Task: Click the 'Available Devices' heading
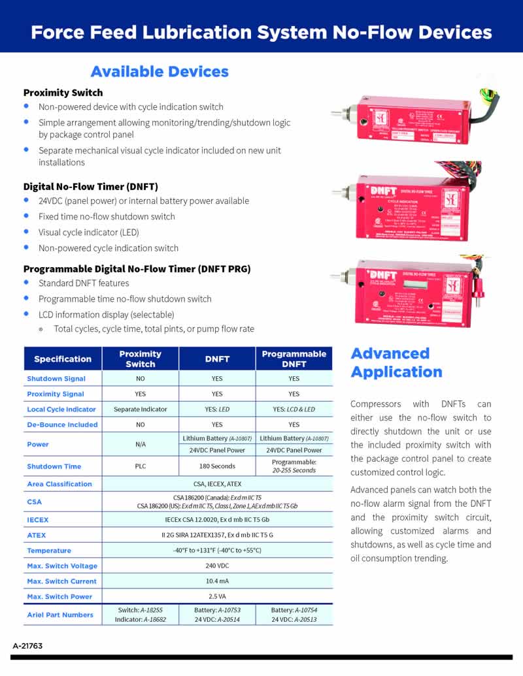160,72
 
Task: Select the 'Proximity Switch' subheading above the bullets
63,93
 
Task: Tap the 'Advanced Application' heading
396,362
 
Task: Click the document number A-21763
27,645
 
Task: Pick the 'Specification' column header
63,359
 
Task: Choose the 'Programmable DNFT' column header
294,359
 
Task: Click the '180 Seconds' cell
217,466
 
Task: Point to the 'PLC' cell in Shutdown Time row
141,466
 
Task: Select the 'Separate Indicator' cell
141,410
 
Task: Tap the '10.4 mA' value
217,581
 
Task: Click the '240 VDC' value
217,566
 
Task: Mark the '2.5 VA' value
217,596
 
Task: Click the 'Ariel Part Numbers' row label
60,615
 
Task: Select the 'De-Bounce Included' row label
62,425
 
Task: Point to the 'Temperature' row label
49,551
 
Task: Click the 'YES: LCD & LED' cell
294,410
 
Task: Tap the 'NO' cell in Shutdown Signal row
141,379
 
